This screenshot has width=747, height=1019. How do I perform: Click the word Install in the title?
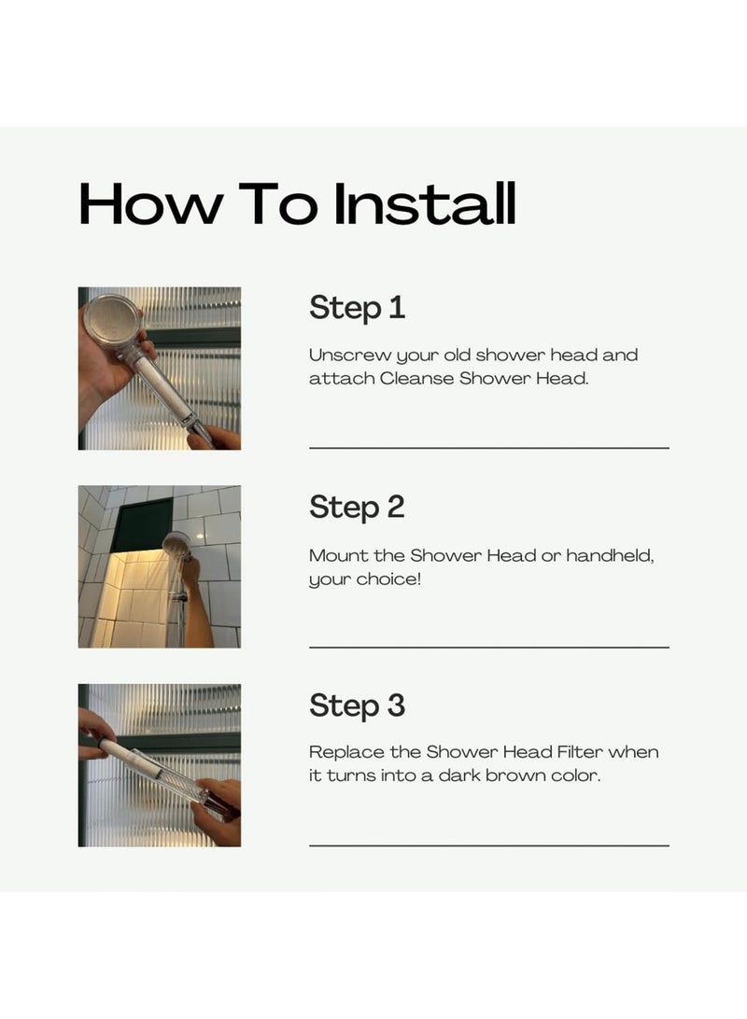click(x=425, y=204)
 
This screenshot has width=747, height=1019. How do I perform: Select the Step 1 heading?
click(x=357, y=308)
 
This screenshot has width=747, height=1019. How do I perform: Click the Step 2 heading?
click(x=357, y=508)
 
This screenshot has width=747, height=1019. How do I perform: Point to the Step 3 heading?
click(x=357, y=705)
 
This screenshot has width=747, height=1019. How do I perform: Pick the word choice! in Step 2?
click(x=388, y=579)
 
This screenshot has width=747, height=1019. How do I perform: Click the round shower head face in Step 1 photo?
click(x=112, y=321)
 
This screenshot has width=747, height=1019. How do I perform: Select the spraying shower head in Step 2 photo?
click(x=176, y=545)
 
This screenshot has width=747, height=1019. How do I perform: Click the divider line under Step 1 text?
click(x=489, y=448)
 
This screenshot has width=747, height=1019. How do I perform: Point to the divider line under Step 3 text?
click(x=489, y=845)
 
